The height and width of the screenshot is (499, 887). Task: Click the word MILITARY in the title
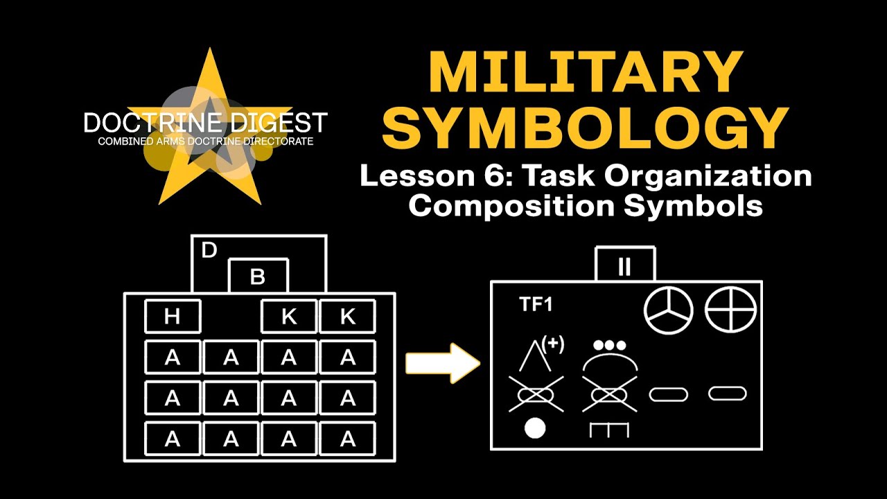586,72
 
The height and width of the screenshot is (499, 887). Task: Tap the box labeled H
173,317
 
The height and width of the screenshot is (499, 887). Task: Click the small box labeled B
258,277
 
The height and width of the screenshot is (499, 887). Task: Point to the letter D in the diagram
209,250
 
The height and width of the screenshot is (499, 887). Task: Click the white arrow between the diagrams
442,362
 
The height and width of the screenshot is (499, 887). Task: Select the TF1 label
536,304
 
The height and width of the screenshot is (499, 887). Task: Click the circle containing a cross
730,309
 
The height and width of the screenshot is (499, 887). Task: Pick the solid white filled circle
534,428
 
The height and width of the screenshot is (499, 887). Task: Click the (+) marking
553,344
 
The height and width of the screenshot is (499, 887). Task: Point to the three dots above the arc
610,345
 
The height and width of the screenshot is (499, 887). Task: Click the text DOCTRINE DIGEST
205,123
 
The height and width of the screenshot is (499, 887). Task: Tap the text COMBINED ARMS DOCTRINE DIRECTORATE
205,141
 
